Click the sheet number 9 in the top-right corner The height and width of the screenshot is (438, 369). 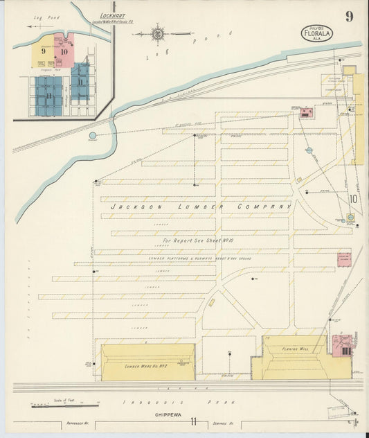[350, 17]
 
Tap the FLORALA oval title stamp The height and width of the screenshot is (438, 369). [315, 33]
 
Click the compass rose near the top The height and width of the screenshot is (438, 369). [159, 33]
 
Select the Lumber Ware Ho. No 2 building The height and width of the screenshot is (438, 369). [147, 362]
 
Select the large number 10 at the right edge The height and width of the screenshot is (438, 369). [353, 199]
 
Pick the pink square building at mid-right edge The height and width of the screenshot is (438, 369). [344, 259]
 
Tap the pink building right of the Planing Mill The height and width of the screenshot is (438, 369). [342, 344]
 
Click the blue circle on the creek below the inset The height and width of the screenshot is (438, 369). [92, 136]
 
